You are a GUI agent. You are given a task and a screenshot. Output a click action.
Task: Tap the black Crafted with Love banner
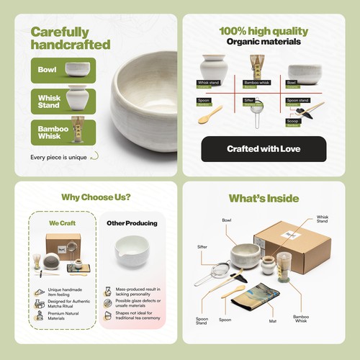(x=264, y=149)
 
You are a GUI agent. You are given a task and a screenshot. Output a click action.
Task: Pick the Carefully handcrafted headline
(x=71, y=38)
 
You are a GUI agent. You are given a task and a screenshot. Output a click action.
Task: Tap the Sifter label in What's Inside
(x=202, y=246)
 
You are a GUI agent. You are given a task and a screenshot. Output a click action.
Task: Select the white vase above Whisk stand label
(x=213, y=67)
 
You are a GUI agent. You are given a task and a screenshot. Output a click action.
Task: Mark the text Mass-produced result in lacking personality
(x=138, y=289)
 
